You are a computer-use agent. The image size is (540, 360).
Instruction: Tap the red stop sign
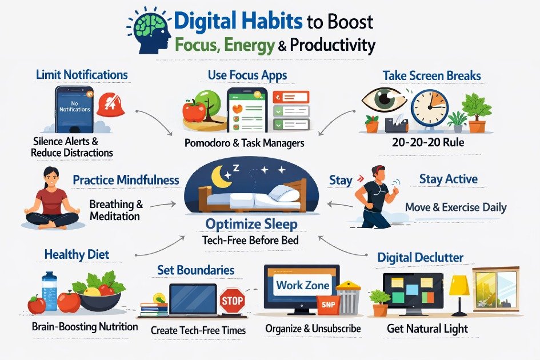click(231, 300)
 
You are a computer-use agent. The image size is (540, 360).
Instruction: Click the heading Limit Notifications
click(82, 75)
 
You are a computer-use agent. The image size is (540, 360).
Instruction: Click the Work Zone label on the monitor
click(302, 285)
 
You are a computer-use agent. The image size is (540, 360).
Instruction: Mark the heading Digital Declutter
click(420, 258)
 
